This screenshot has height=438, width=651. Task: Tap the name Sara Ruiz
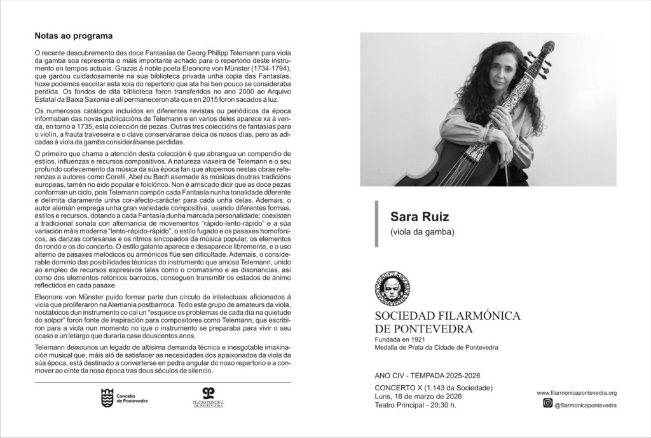tap(414, 217)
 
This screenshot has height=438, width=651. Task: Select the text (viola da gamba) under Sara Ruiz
tap(422, 233)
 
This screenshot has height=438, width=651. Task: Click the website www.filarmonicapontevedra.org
tap(577, 394)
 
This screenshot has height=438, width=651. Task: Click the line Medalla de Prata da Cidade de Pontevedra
tap(436, 348)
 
